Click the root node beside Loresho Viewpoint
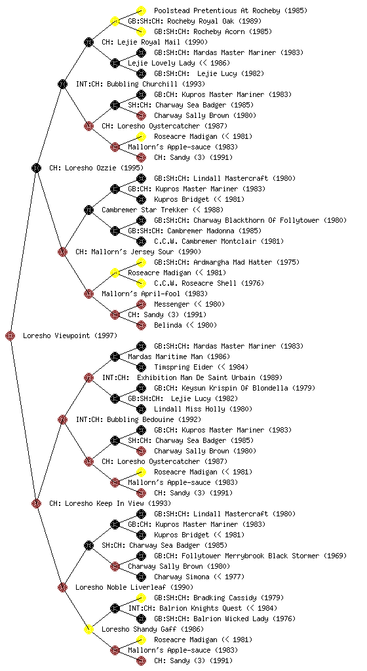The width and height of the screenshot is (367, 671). [x=10, y=336]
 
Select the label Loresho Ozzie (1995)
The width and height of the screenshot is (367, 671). [x=96, y=168]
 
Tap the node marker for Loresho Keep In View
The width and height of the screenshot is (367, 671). [x=36, y=504]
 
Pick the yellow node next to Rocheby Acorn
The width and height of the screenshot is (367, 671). [x=141, y=31]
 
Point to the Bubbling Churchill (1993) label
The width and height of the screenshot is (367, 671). [x=140, y=85]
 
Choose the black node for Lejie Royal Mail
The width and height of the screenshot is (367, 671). [x=88, y=42]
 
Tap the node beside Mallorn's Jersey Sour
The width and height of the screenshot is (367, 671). [x=62, y=252]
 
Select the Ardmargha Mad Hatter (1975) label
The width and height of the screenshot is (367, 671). [x=227, y=262]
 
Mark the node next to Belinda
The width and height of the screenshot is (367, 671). [x=141, y=325]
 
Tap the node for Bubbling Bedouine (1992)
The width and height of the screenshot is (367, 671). [x=62, y=420]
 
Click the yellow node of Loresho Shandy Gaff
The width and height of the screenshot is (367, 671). [x=88, y=630]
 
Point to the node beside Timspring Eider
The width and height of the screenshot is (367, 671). [x=141, y=367]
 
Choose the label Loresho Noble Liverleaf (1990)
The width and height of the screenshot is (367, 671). [x=134, y=588]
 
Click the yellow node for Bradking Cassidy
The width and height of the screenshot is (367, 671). [x=141, y=598]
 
